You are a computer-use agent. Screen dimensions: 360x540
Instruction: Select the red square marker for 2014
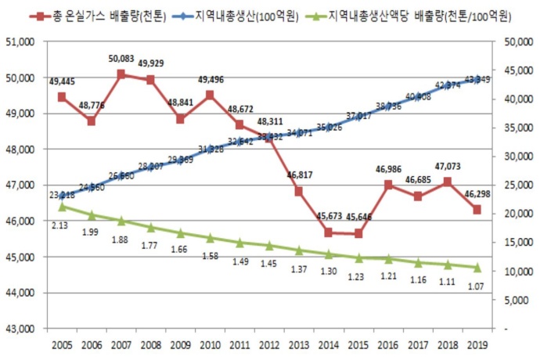[328, 232]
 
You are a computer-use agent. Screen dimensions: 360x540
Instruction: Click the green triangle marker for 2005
[63, 207]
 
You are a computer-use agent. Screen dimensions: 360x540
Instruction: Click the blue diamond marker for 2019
[477, 78]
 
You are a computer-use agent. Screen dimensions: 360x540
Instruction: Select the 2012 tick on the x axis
[268, 345]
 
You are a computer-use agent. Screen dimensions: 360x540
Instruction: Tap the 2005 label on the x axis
[63, 345]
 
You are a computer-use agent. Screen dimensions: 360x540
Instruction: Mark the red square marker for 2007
[121, 74]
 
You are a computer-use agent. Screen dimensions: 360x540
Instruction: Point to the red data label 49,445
[63, 81]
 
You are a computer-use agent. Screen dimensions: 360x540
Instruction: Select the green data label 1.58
[210, 256]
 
